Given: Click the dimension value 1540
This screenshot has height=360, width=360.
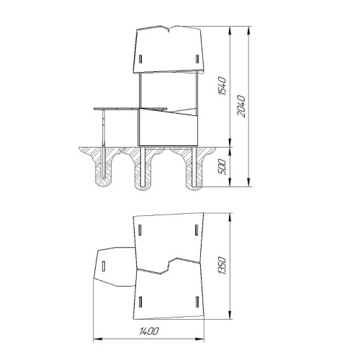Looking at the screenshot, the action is [x=222, y=86].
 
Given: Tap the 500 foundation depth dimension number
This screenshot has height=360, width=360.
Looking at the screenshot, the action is [x=222, y=167].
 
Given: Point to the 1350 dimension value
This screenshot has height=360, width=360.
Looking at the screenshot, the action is [x=222, y=266].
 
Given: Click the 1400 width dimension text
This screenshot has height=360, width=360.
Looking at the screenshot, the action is [x=149, y=331].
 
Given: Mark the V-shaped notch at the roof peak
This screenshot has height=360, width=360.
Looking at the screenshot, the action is [x=168, y=29].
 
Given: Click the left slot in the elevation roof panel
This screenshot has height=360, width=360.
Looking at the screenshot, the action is [x=140, y=59].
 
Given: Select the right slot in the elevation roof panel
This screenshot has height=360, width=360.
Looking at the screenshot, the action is [x=197, y=59].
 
